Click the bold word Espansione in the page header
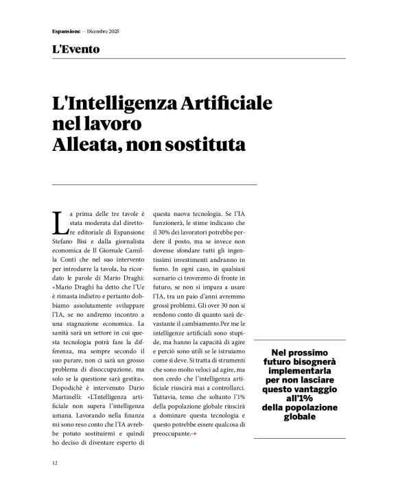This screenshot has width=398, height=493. (x=65, y=32)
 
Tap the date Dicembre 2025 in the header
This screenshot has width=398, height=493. (x=102, y=32)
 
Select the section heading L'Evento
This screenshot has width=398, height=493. (x=75, y=49)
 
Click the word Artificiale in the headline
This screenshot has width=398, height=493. (x=226, y=104)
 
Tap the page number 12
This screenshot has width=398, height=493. (x=55, y=463)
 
